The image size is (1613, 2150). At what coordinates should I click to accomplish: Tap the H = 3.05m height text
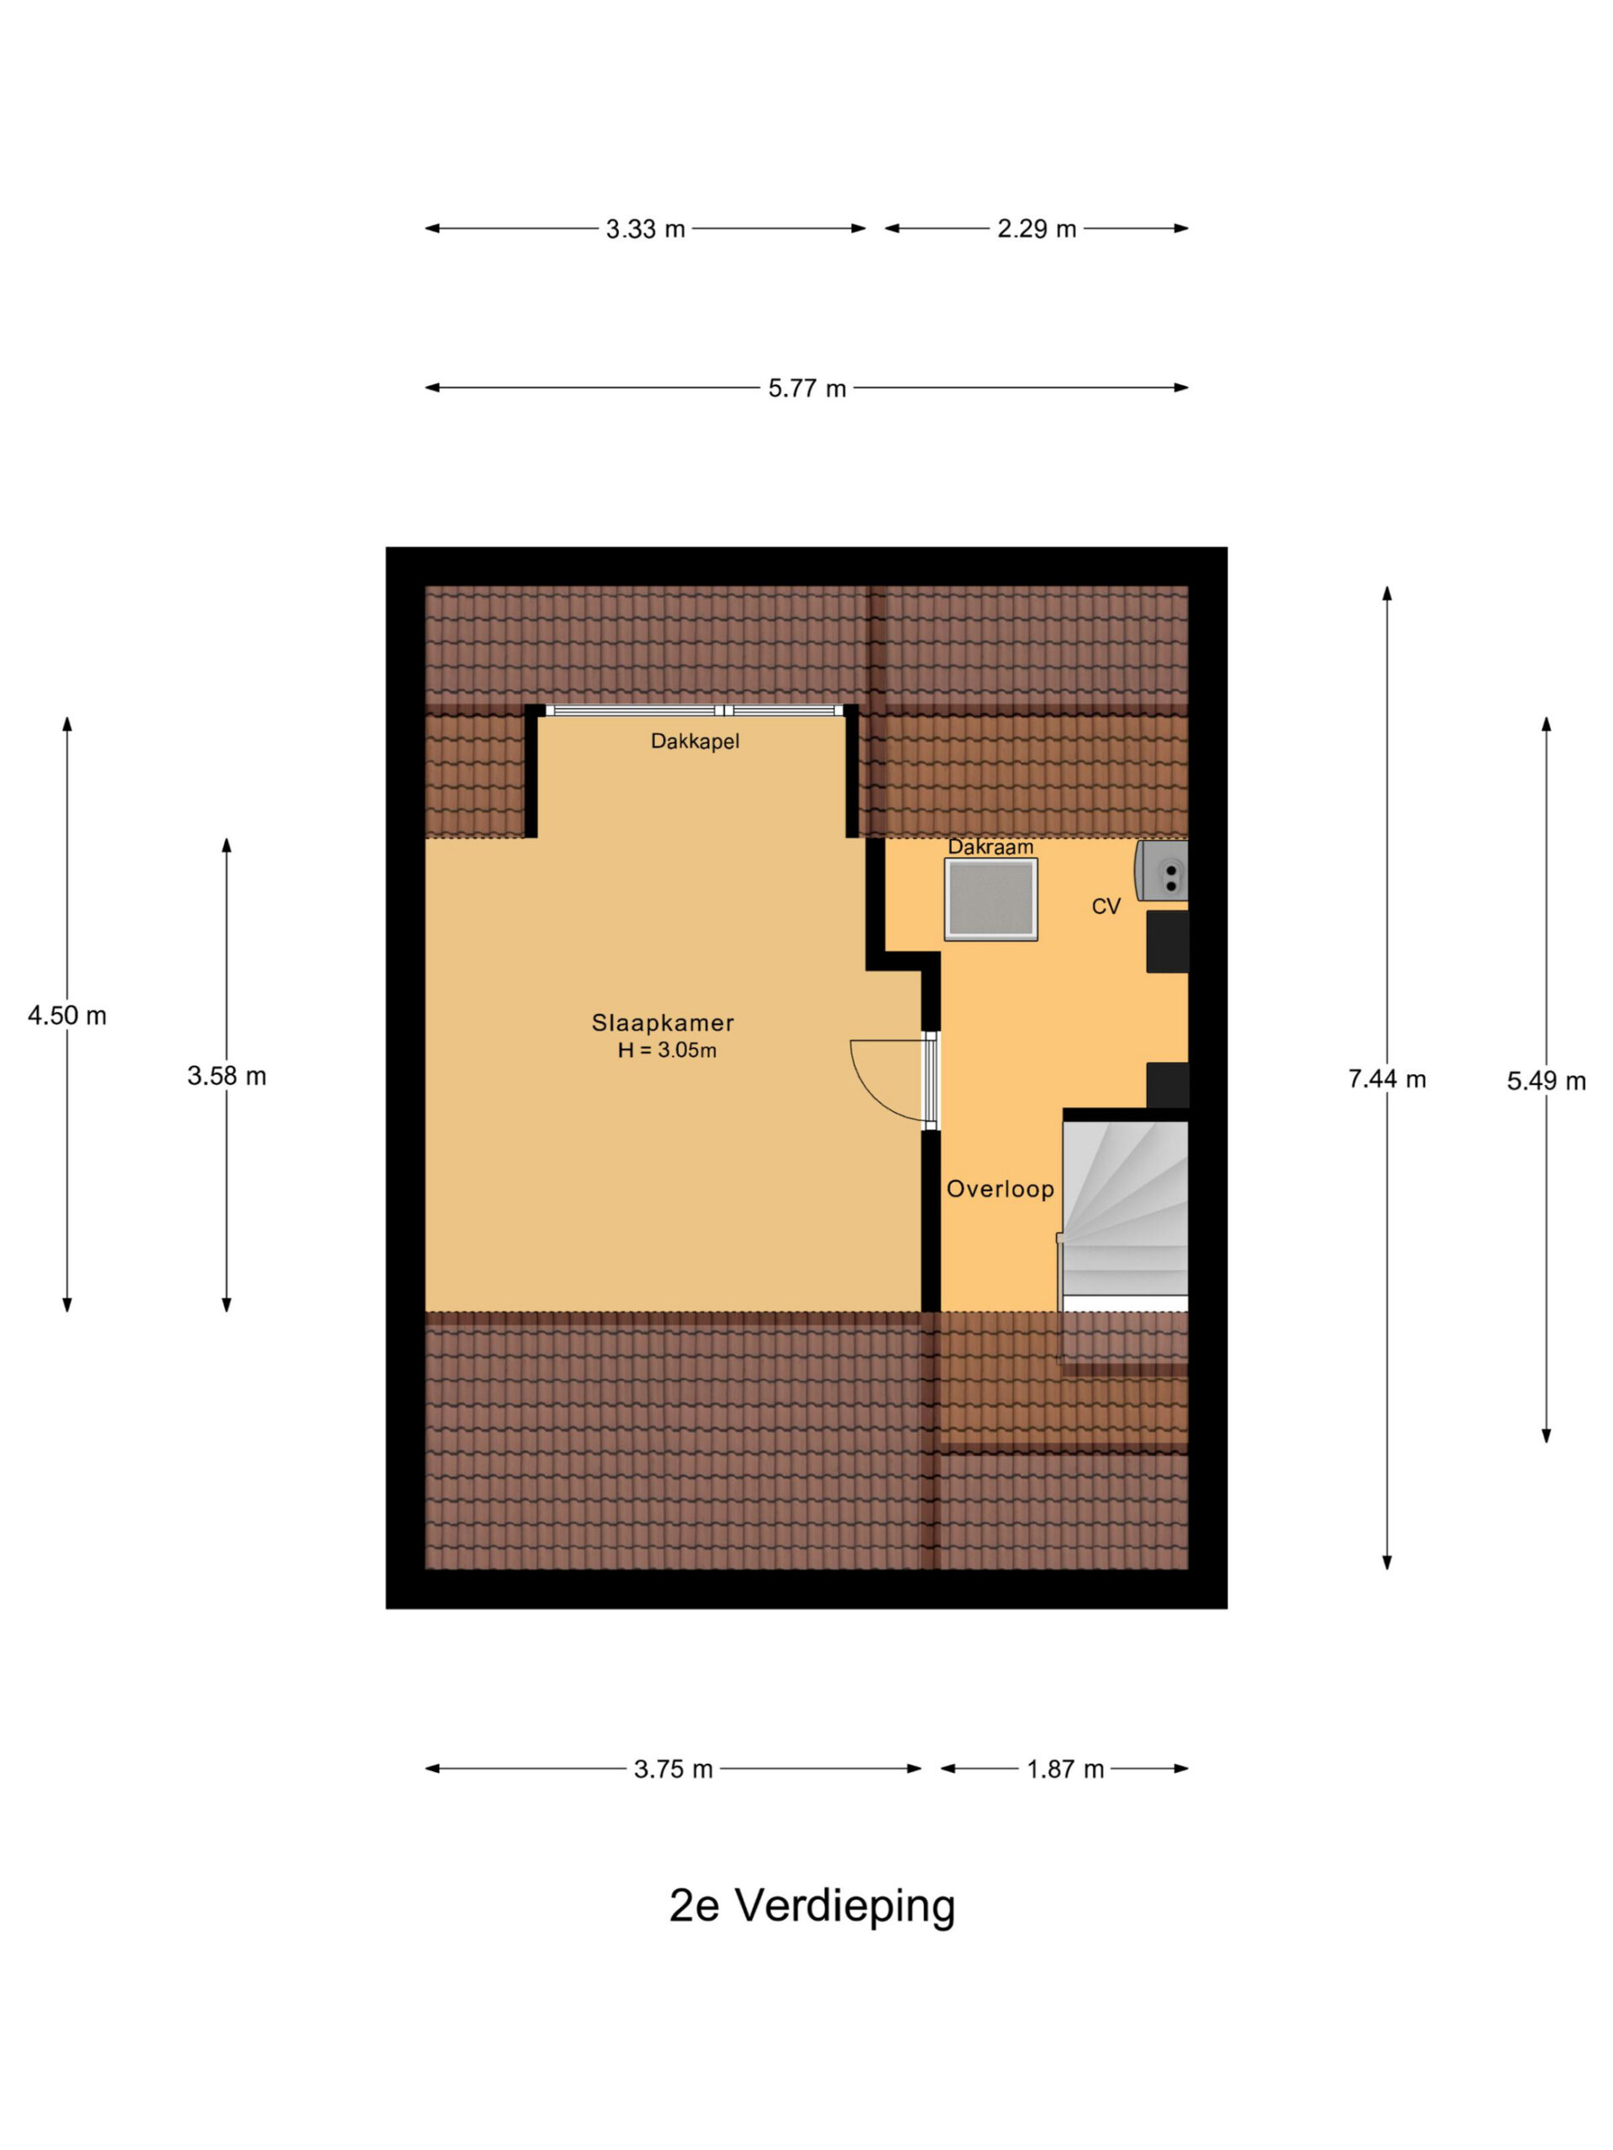(667, 1050)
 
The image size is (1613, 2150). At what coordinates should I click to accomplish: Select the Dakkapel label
(695, 742)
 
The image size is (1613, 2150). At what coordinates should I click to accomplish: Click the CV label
(1106, 906)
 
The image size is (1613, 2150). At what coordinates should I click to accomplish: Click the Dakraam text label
(990, 847)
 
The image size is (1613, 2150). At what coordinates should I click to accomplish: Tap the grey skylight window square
(990, 899)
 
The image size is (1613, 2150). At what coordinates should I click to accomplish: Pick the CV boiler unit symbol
(1162, 870)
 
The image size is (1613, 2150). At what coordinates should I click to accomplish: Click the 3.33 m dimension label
(645, 229)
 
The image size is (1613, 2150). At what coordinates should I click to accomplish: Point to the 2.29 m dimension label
(1037, 229)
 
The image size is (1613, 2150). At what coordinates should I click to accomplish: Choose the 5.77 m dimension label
(807, 389)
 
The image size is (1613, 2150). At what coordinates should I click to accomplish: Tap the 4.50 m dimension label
(67, 1015)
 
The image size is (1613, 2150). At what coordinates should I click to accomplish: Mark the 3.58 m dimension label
(227, 1076)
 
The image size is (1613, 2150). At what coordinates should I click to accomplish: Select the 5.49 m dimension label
(1546, 1081)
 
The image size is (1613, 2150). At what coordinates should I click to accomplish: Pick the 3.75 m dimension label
(674, 1769)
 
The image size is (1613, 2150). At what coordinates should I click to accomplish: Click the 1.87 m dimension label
(1065, 1769)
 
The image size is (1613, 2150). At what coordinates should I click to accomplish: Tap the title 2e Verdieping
(812, 1906)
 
